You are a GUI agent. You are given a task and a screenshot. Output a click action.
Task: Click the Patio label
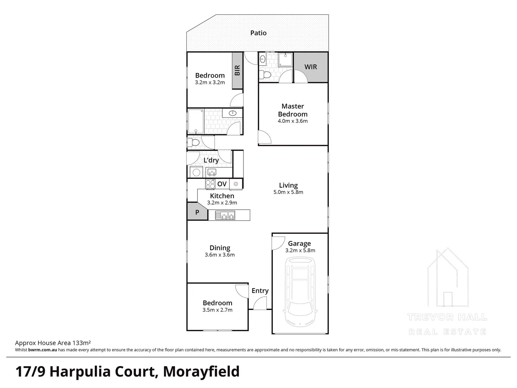click(258, 33)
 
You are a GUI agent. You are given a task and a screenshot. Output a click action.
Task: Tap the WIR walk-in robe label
click(311, 67)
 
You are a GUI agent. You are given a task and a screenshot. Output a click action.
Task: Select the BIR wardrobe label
click(237, 70)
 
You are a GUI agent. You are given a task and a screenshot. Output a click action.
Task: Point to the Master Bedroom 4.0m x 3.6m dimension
click(293, 121)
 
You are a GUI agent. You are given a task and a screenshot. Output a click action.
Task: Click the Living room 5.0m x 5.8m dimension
click(288, 192)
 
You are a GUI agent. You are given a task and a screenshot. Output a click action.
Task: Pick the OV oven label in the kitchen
click(222, 184)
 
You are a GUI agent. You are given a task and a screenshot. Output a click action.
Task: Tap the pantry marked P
click(197, 212)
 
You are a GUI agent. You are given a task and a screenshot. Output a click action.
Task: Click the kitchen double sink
click(225, 215)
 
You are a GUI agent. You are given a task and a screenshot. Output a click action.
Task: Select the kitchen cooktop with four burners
click(210, 184)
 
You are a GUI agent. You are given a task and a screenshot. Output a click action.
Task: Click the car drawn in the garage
click(300, 291)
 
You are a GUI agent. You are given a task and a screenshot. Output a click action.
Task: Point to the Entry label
click(260, 291)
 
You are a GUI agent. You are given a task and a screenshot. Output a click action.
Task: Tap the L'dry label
click(211, 160)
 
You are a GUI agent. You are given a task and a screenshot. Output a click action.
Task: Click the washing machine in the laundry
click(196, 172)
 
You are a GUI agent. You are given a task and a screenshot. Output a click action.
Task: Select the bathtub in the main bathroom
click(196, 121)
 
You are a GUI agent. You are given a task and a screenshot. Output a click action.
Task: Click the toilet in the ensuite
click(265, 75)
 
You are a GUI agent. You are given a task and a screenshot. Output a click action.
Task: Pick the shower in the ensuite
click(285, 60)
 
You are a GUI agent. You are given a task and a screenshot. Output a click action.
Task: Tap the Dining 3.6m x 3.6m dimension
click(220, 255)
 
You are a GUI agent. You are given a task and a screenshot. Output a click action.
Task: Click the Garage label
click(299, 244)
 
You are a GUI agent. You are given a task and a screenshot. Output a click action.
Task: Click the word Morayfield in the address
click(201, 372)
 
